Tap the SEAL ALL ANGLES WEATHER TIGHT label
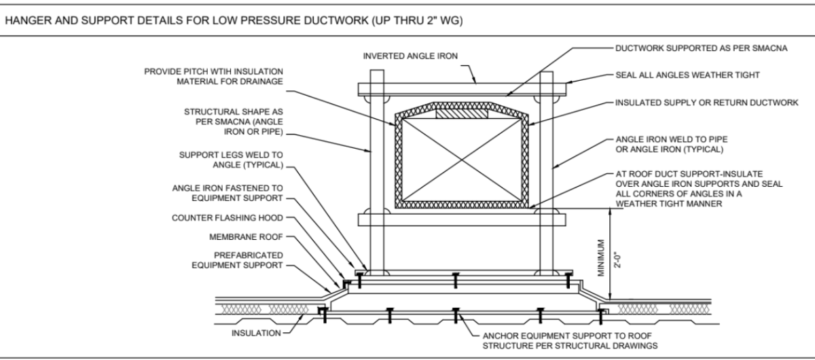[x=686, y=77]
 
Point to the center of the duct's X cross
[x=463, y=161]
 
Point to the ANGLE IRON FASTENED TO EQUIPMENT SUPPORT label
[x=228, y=193]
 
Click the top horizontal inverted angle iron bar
[x=462, y=89]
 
